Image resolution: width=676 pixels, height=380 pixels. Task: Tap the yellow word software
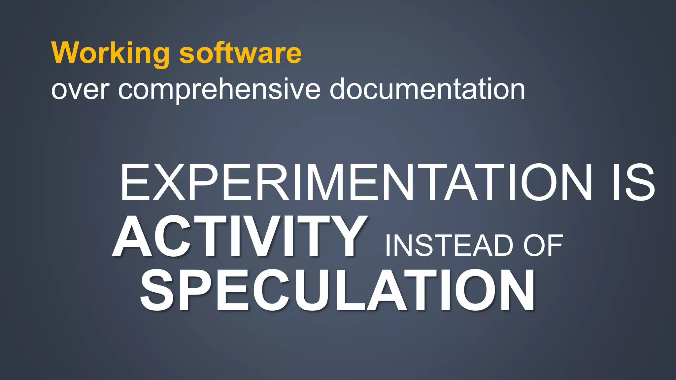click(x=240, y=53)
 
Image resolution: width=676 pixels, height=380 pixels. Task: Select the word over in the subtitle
click(x=80, y=90)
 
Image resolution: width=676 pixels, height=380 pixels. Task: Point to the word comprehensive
click(x=219, y=90)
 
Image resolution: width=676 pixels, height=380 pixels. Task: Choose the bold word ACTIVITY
click(x=240, y=236)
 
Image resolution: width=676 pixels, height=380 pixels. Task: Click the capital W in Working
click(x=67, y=53)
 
